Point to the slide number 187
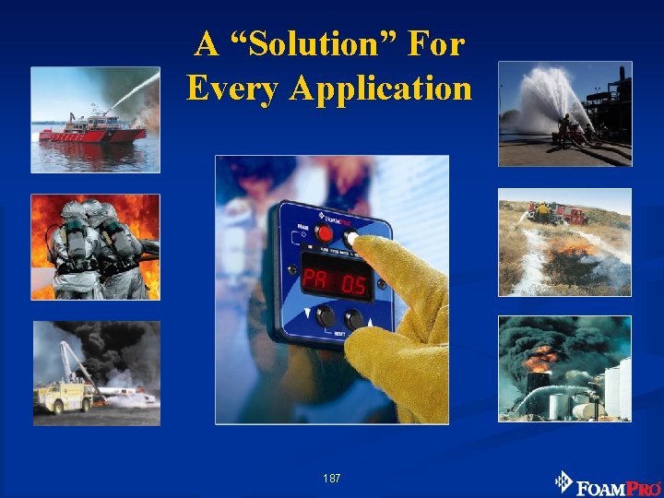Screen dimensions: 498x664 [332, 479]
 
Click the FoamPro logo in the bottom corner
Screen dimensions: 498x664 [608, 482]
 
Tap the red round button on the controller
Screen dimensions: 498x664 [325, 233]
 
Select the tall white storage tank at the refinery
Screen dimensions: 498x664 [616, 387]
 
